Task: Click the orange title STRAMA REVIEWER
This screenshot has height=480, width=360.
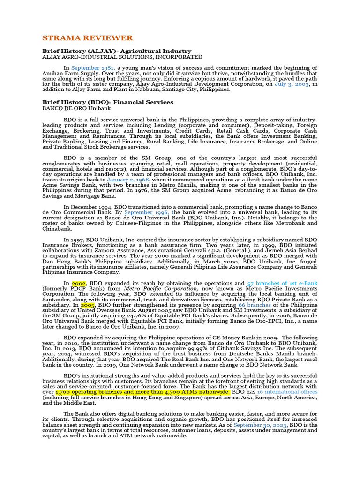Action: [88, 38]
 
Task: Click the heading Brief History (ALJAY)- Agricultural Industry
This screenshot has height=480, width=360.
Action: [117, 51]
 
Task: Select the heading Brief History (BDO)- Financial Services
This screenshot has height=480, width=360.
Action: [108, 102]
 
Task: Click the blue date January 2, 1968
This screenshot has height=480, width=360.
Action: [128, 179]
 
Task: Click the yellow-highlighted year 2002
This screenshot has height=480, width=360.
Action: [78, 283]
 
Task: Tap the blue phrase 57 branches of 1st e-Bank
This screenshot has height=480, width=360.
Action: [282, 283]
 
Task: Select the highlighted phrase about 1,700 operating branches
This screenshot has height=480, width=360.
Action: [142, 391]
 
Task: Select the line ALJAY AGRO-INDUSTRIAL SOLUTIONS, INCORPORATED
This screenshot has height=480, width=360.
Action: [122, 56]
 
